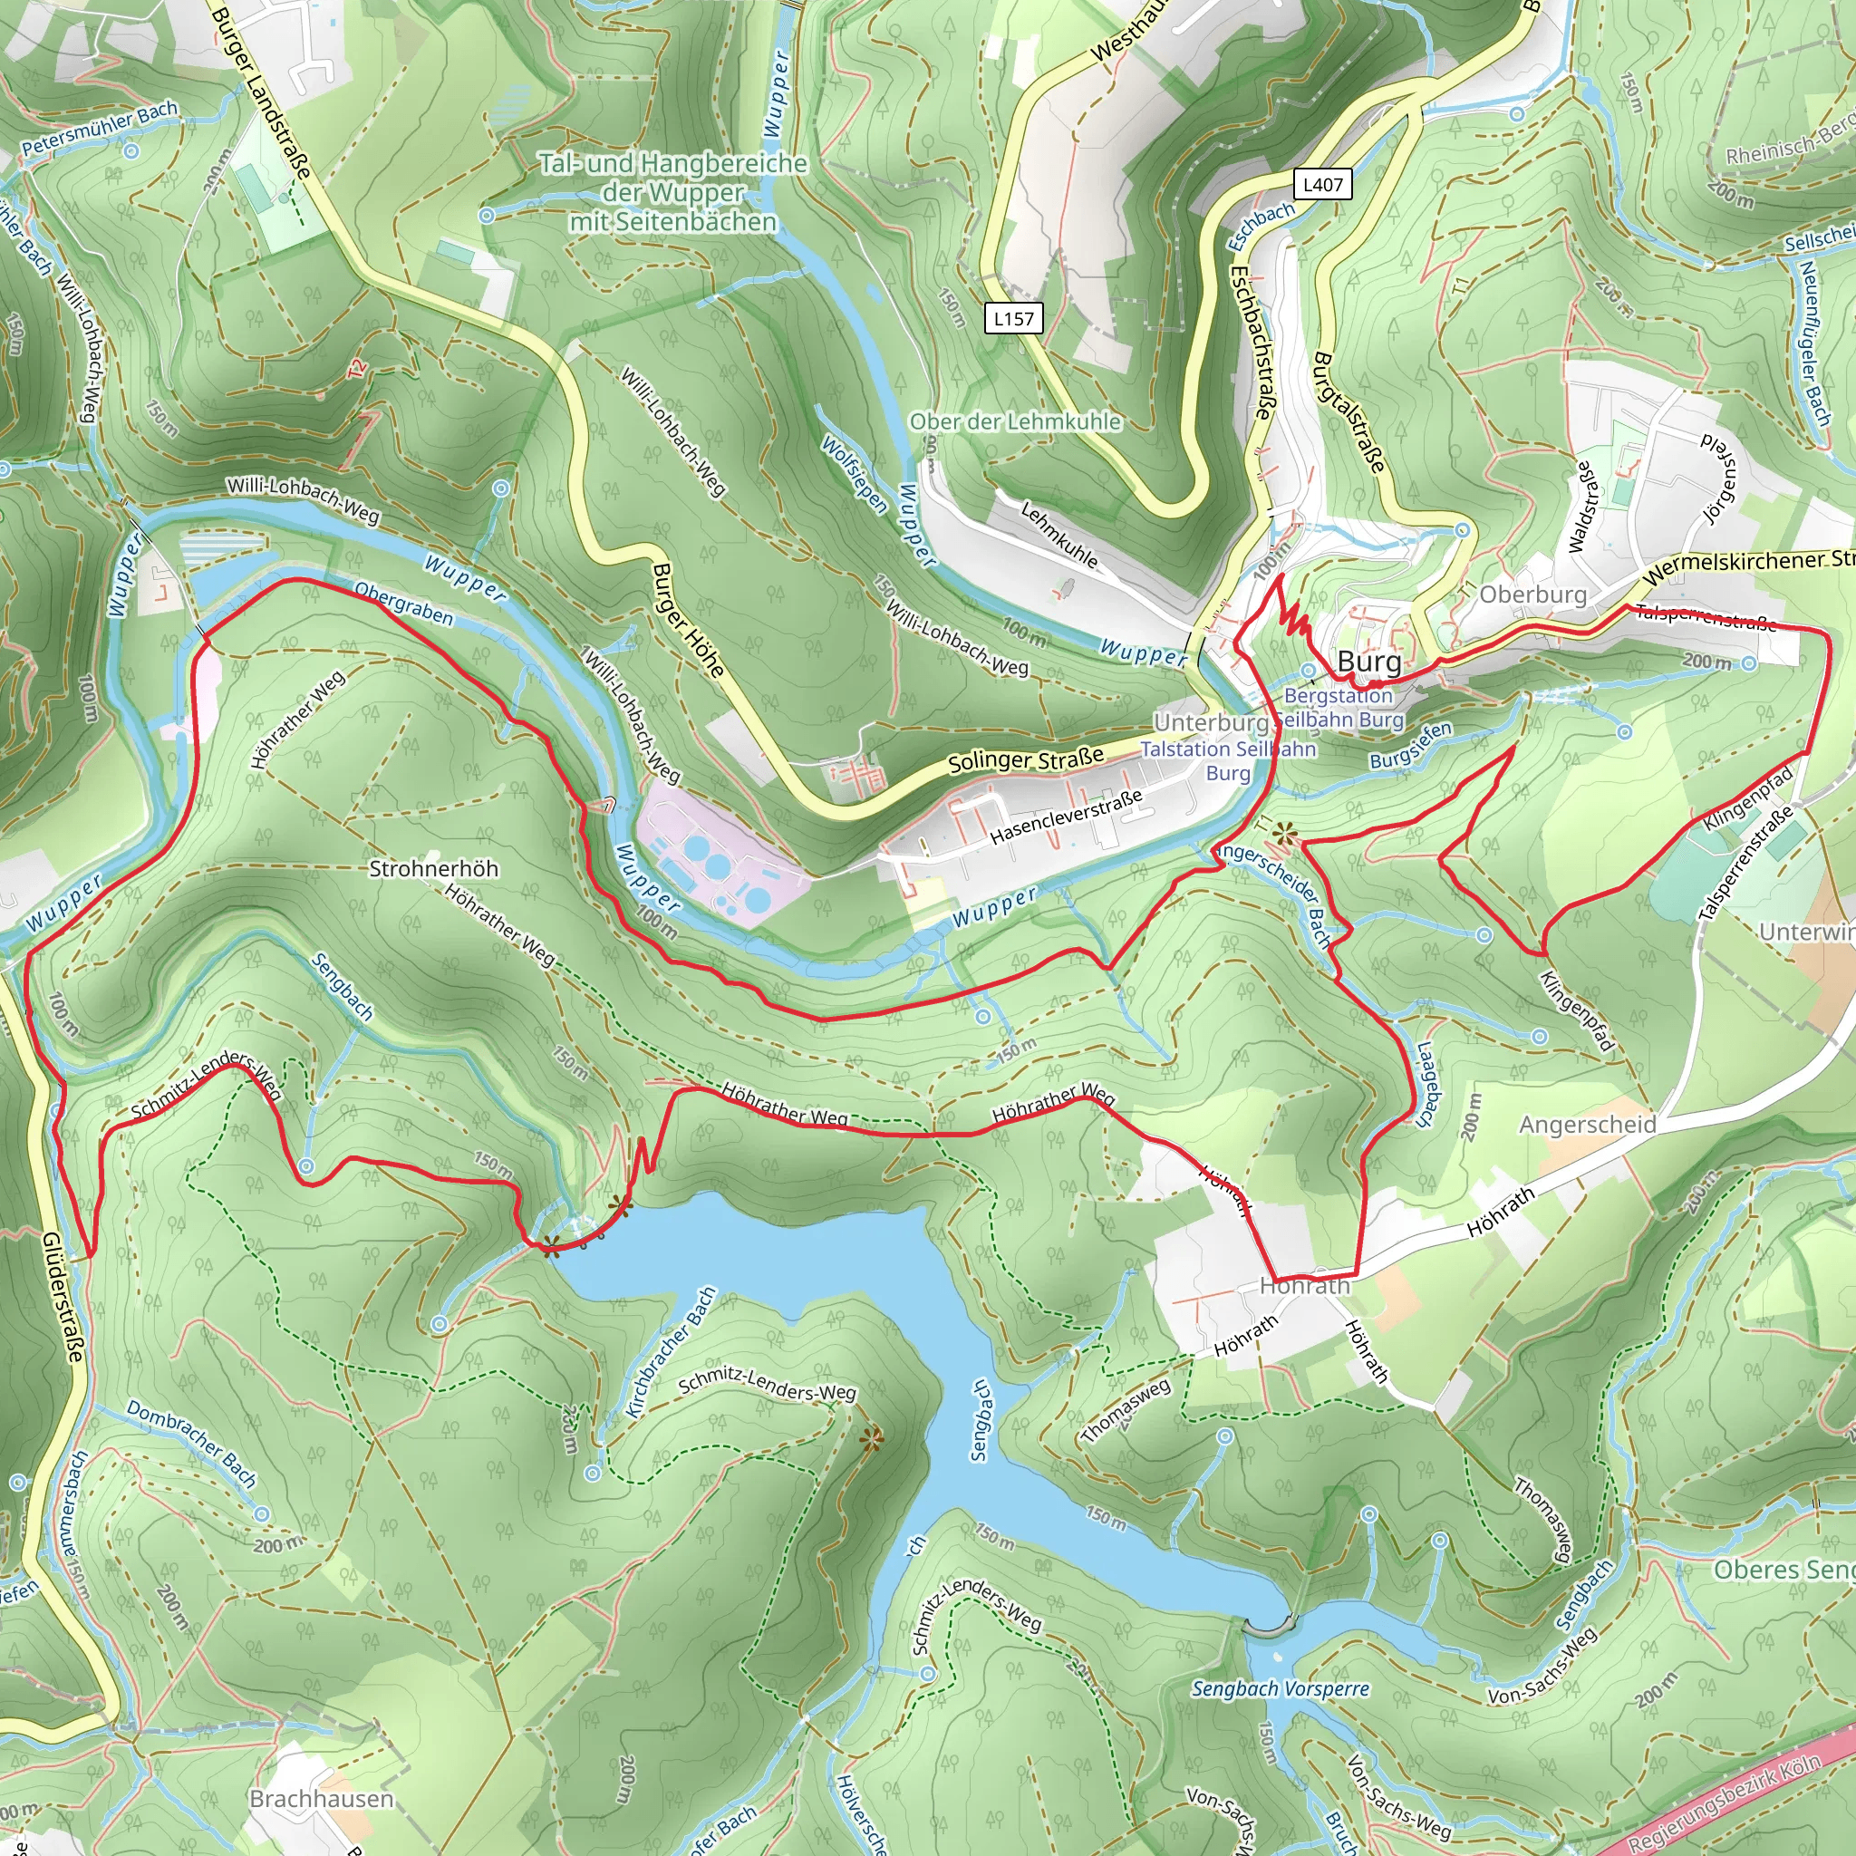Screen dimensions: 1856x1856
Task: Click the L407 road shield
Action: coord(1323,185)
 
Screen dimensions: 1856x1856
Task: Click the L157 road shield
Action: coord(1013,319)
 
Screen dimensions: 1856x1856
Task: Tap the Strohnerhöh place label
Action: coord(433,868)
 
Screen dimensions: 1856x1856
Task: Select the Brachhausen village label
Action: coord(321,1798)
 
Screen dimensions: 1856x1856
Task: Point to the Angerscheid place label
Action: coord(1587,1124)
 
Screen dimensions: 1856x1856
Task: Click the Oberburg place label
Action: coord(1532,594)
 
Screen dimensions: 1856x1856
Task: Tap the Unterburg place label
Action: coord(1212,722)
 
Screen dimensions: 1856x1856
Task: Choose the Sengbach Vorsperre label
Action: coord(1280,1689)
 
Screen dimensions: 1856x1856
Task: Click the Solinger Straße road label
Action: coord(1025,759)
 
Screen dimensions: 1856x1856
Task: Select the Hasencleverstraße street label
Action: coord(1066,816)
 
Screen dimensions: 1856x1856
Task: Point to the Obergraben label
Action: coord(403,604)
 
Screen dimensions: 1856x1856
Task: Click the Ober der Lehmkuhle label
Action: coord(1014,421)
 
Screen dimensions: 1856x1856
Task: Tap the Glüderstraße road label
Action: coord(63,1297)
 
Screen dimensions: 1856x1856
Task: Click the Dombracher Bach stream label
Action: coord(191,1445)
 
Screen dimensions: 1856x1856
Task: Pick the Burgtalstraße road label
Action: coord(1348,413)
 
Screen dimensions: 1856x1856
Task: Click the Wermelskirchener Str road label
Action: coord(1748,566)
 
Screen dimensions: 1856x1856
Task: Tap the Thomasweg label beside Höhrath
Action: coord(1126,1410)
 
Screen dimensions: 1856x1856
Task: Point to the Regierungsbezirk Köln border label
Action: coord(1725,1803)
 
